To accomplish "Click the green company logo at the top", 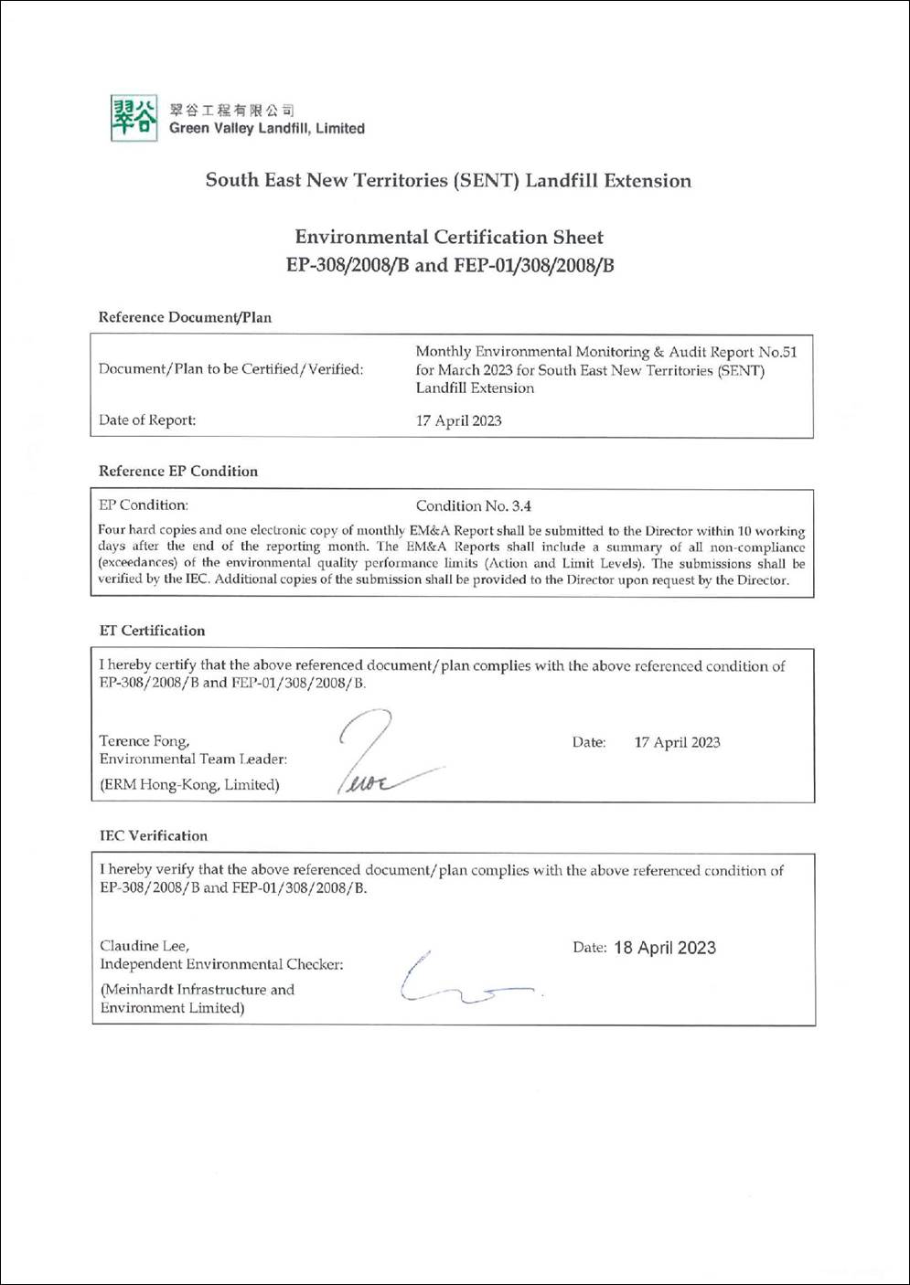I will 133,118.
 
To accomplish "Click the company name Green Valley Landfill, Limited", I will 266,129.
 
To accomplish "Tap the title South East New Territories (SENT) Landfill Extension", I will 448,180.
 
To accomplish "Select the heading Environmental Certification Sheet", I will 448,237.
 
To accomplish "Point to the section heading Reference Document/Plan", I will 185,317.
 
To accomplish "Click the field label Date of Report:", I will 147,420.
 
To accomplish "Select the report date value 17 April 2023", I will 458,420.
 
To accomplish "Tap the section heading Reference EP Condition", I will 178,471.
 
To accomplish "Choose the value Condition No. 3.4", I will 473,505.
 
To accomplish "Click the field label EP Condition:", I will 144,504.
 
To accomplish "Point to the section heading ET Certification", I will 152,631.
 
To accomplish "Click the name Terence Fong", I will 144,741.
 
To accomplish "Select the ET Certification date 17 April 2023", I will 677,742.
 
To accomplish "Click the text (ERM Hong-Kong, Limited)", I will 189,784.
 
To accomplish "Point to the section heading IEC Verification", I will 154,835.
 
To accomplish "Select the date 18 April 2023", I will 664,948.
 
